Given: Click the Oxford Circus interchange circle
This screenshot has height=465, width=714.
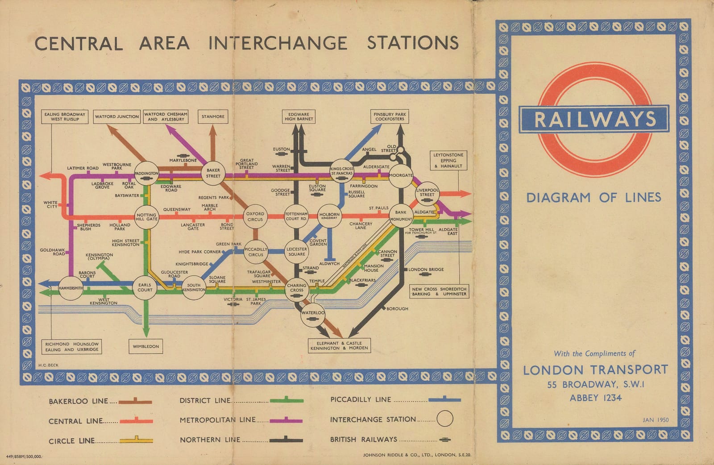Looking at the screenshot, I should pos(255,216).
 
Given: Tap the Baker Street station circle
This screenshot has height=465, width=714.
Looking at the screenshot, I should pos(213,173).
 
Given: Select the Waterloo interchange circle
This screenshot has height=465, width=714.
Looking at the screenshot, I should pos(313,313).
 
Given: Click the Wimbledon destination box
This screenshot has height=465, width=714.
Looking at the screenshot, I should pos(145,346).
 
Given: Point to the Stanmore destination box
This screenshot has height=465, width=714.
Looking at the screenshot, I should pos(213,116).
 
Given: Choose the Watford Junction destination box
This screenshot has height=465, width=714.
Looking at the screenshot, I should pos(116,116).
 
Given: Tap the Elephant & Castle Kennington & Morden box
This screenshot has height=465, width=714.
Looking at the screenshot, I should pos(339,346).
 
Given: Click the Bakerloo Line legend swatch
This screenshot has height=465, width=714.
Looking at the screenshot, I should pos(136,402).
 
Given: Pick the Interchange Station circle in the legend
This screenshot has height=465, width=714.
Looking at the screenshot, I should pos(444,419).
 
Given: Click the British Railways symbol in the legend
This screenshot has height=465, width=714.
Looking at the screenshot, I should pos(444,440).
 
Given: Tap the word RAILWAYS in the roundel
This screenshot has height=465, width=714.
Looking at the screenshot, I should pos(594,119).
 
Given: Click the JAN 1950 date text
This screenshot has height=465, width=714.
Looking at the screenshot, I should pos(656,420).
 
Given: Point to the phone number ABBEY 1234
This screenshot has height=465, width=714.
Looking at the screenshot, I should pos(595,398).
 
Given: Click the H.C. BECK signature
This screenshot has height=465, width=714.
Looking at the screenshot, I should pos(48,365).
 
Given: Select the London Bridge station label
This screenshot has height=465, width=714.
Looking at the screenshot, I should pos(426,270).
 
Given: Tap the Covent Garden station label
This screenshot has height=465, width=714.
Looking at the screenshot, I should pos(318,242).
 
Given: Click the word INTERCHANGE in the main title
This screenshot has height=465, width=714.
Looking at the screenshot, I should pos(278,43).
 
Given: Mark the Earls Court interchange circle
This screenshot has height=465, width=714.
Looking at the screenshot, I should pos(145,287).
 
